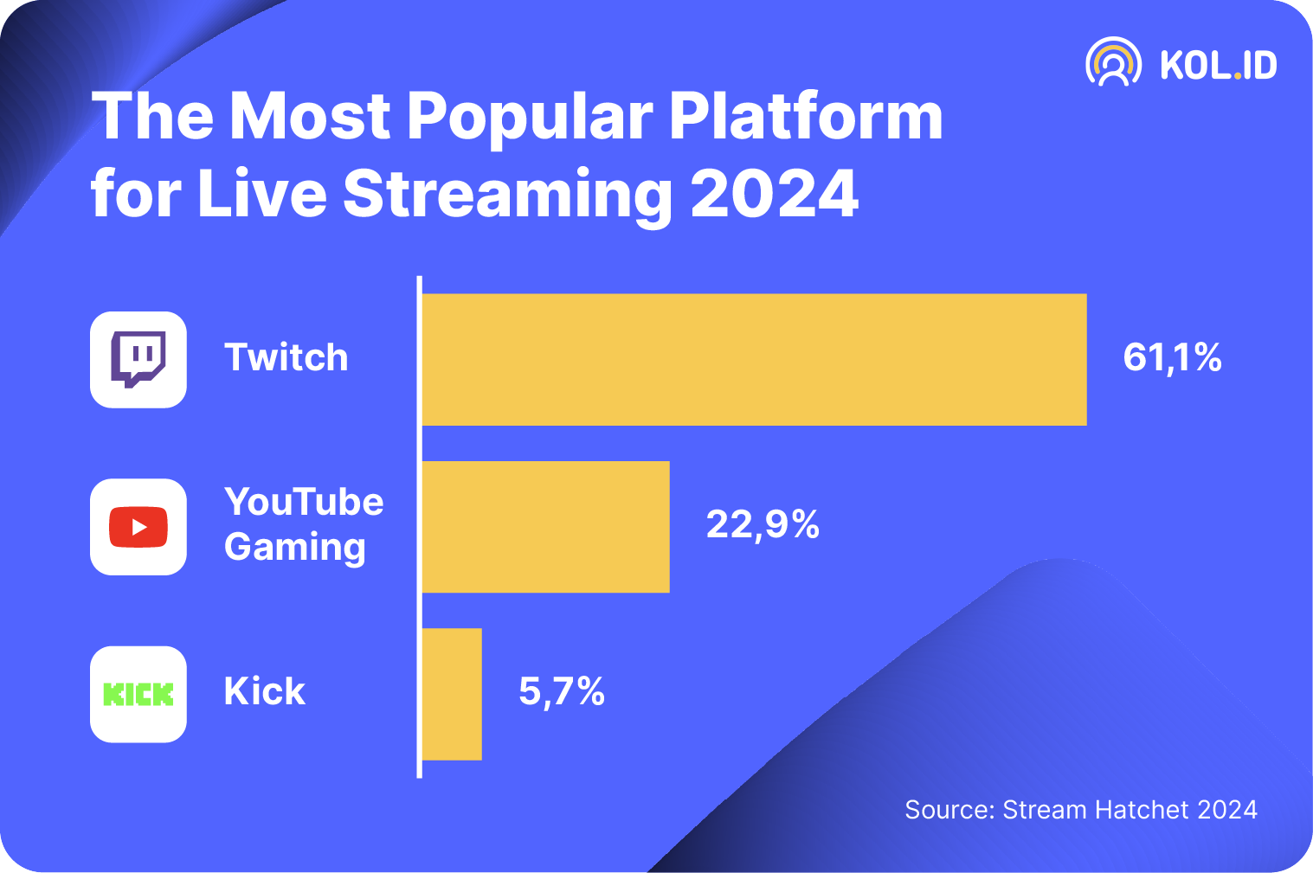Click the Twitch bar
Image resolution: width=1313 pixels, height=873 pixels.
(x=753, y=359)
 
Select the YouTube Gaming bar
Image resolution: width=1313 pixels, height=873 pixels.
(x=545, y=526)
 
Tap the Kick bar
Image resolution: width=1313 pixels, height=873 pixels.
(x=452, y=694)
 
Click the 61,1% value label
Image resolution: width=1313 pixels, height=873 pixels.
(x=1172, y=357)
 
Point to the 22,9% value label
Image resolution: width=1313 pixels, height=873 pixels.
(x=763, y=524)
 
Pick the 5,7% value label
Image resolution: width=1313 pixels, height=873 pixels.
(x=562, y=691)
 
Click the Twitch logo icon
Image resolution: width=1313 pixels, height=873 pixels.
(x=138, y=359)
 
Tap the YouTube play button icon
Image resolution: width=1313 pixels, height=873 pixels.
(x=138, y=527)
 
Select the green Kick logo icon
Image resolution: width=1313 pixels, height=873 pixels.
(x=138, y=694)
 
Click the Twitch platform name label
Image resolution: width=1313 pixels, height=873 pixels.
(x=286, y=357)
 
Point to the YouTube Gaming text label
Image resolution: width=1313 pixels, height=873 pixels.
(x=303, y=524)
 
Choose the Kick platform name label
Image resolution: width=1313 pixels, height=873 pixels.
(x=264, y=691)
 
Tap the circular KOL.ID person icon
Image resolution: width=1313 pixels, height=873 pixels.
(x=1113, y=62)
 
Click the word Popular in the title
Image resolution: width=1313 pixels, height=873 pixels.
(x=530, y=117)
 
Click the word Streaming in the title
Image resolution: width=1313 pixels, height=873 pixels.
(x=507, y=195)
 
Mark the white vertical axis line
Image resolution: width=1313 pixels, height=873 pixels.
(x=420, y=527)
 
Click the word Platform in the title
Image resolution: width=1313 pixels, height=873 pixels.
(x=805, y=117)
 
